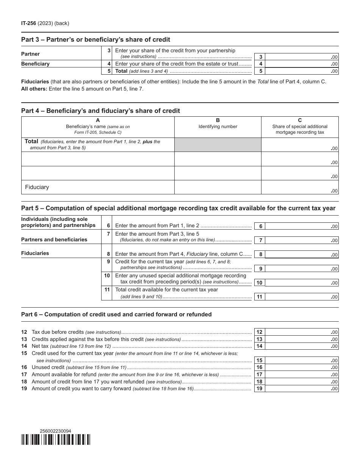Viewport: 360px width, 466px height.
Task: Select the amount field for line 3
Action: coord(301,57)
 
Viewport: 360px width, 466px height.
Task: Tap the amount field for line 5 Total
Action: coord(301,71)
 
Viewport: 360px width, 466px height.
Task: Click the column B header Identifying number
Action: coord(218,127)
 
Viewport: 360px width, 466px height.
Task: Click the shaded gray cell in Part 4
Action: coord(218,145)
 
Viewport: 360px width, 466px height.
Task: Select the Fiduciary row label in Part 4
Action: coord(37,187)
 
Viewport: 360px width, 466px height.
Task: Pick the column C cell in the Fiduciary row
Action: coord(299,187)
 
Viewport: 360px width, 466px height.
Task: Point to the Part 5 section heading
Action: coord(178,208)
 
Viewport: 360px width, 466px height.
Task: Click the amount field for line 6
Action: coord(301,226)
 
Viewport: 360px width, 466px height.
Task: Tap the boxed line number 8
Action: coord(260,255)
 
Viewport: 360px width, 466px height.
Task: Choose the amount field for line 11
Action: coord(301,297)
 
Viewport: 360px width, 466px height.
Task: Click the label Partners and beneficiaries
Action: coord(54,239)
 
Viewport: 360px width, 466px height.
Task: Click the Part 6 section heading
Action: coord(116,314)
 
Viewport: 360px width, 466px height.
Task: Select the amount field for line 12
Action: coord(301,332)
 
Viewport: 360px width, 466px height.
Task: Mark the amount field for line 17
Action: coord(301,374)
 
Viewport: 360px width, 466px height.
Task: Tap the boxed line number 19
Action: coord(260,388)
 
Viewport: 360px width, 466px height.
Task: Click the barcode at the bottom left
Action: coord(56,439)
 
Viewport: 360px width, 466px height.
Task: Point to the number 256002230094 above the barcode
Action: coord(55,431)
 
